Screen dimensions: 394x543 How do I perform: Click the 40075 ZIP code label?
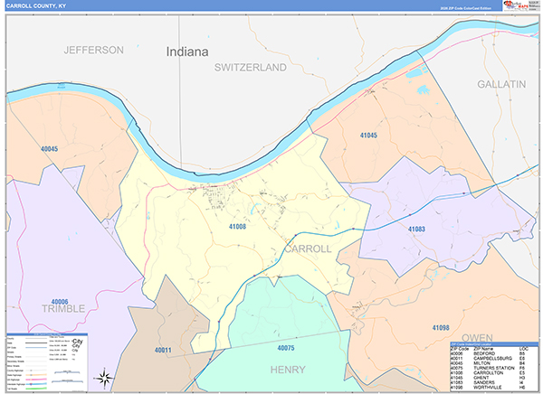(285, 347)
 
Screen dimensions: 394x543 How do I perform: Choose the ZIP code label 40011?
(162, 349)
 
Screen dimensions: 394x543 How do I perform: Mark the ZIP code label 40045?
(49, 149)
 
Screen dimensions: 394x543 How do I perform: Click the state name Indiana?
(187, 52)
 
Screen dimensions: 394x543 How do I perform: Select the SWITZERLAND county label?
(250, 68)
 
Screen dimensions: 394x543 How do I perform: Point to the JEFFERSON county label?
(93, 50)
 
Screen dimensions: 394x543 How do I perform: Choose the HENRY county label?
(288, 370)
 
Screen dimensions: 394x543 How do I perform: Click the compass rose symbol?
(105, 377)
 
